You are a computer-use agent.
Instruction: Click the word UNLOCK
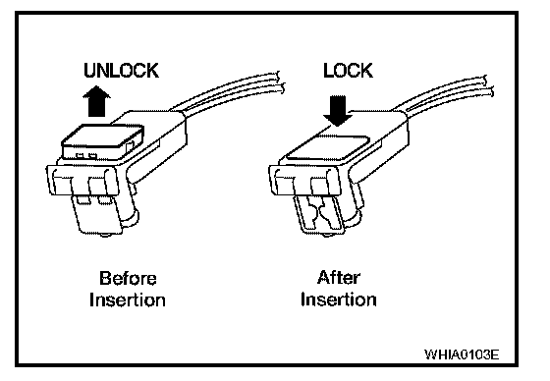coord(121,70)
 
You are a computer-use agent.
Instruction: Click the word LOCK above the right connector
coord(348,70)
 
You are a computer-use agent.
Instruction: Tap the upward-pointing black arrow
coord(96,101)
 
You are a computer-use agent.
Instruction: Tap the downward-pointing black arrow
coord(338,111)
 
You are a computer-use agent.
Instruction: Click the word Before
coord(128,278)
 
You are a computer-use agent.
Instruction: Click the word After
coord(339,278)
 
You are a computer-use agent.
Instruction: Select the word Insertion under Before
coord(128,299)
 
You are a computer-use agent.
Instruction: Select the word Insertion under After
coord(339,299)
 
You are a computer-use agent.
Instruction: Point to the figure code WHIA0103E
coord(462,354)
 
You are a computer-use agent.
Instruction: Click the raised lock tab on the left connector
coord(102,141)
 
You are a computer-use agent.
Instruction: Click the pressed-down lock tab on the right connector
coord(327,147)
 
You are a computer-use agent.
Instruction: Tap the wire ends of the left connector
coord(279,82)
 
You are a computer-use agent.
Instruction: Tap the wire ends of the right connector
coord(487,86)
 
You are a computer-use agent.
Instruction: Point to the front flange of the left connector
coord(82,180)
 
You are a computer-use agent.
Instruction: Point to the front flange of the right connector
coord(305,180)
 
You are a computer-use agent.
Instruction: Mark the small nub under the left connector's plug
coord(105,235)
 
